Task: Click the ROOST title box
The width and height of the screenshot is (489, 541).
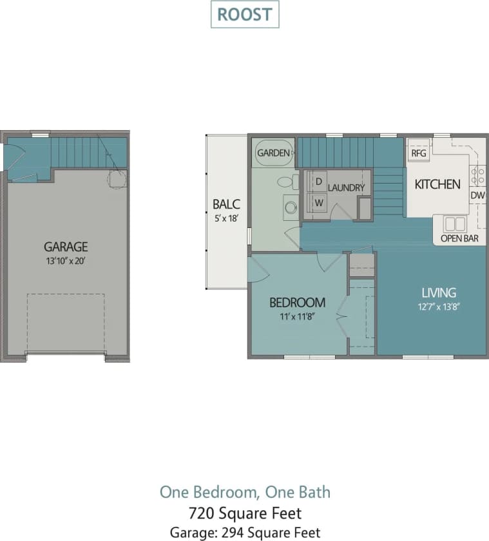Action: tap(245, 15)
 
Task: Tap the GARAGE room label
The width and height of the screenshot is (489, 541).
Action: tap(66, 247)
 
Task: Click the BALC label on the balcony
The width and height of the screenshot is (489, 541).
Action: tap(226, 205)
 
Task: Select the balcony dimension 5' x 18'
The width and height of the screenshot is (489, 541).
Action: tap(226, 218)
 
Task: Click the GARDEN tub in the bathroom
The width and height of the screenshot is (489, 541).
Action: tap(274, 153)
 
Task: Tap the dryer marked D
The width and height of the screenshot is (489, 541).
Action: tap(318, 182)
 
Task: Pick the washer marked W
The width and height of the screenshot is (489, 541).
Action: tap(318, 202)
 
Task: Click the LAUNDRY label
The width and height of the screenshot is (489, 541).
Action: tap(346, 187)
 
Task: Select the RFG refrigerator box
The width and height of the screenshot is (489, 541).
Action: tap(419, 154)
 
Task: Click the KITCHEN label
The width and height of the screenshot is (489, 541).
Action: tap(437, 184)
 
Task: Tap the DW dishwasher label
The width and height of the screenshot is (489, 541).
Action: tap(477, 195)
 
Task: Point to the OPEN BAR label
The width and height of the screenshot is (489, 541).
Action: tap(459, 238)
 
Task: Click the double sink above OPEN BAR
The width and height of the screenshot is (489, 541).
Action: tap(455, 223)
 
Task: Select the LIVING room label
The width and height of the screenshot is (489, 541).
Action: tap(438, 293)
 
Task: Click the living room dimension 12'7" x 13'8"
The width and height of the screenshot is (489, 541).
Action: tap(438, 307)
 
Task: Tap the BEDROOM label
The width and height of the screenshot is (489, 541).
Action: tap(297, 303)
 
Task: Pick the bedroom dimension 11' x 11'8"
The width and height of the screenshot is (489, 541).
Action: tap(297, 316)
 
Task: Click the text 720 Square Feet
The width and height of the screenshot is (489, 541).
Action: tap(245, 513)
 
